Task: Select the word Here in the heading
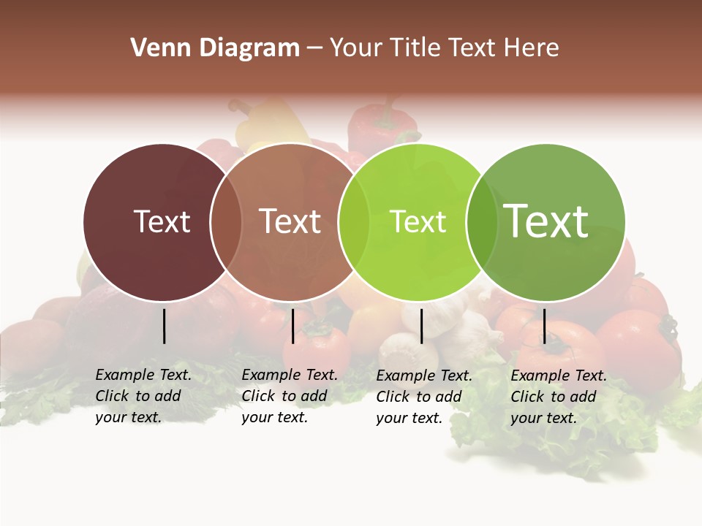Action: pyautogui.click(x=532, y=48)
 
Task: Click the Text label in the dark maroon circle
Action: pyautogui.click(x=162, y=221)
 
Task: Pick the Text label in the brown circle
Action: pyautogui.click(x=290, y=221)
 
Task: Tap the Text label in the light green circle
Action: pyautogui.click(x=418, y=222)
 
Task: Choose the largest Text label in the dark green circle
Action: pyautogui.click(x=546, y=221)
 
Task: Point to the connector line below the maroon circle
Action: pyautogui.click(x=164, y=326)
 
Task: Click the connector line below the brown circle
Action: pyautogui.click(x=292, y=326)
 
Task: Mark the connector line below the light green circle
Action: pyautogui.click(x=421, y=326)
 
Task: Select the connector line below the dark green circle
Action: pyautogui.click(x=544, y=326)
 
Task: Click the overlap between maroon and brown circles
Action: pyautogui.click(x=226, y=222)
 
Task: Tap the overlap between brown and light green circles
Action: pyautogui.click(x=354, y=222)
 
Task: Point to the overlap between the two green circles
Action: pyautogui.click(x=482, y=222)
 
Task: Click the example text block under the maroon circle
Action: pyautogui.click(x=143, y=396)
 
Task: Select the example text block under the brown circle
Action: pyautogui.click(x=289, y=396)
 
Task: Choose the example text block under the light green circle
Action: pyautogui.click(x=423, y=397)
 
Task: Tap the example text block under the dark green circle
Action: pyautogui.click(x=558, y=397)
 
